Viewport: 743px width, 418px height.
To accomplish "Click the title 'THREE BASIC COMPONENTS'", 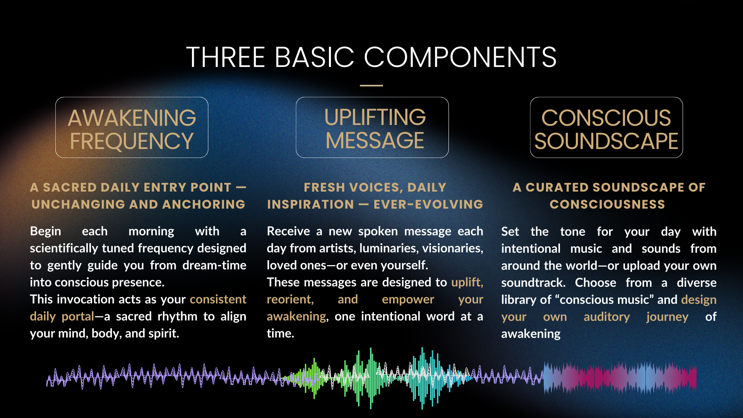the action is pyautogui.click(x=371, y=57).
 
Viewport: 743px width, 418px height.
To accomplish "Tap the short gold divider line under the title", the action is pyautogui.click(x=371, y=85).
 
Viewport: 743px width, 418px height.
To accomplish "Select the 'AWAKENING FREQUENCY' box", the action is pyautogui.click(x=132, y=127).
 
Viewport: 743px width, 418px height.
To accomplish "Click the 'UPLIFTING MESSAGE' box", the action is pyautogui.click(x=372, y=127).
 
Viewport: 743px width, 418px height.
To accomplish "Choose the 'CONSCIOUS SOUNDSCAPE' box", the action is pyautogui.click(x=606, y=127).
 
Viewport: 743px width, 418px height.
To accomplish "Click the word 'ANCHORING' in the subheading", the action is pyautogui.click(x=204, y=204).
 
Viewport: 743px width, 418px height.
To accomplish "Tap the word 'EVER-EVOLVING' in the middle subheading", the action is pyautogui.click(x=428, y=204).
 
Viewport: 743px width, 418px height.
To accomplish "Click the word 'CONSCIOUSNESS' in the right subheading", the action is pyautogui.click(x=608, y=204).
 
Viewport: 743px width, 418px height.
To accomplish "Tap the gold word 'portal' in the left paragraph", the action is pyautogui.click(x=78, y=317).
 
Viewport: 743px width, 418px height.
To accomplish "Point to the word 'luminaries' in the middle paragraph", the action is pyautogui.click(x=389, y=248).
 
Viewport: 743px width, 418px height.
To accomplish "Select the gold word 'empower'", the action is pyautogui.click(x=408, y=300).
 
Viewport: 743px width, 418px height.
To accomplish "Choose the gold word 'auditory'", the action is pyautogui.click(x=607, y=317).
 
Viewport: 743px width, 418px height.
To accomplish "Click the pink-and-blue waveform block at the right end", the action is pyautogui.click(x=620, y=378).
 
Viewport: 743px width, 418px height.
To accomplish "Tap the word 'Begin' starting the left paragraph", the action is pyautogui.click(x=45, y=231).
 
